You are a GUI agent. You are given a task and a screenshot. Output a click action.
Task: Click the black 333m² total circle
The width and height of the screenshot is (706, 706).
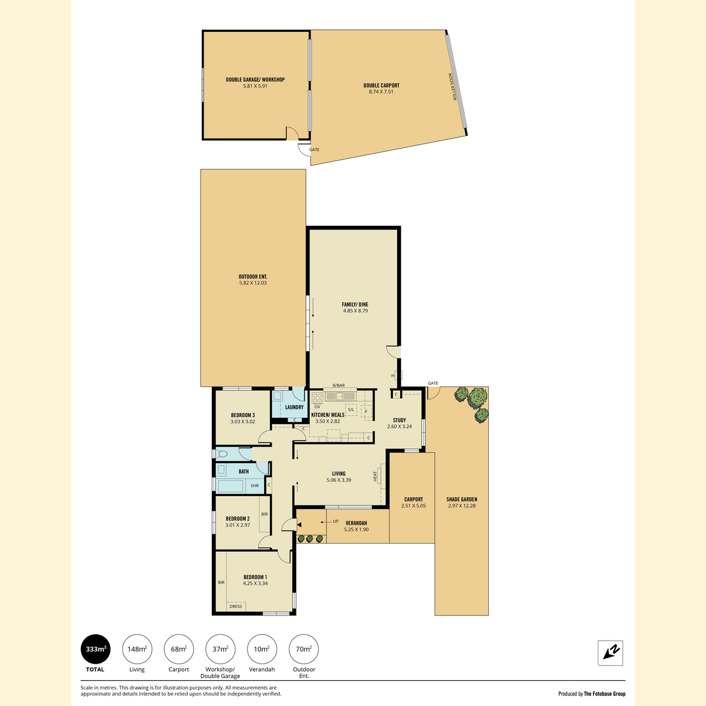(95, 649)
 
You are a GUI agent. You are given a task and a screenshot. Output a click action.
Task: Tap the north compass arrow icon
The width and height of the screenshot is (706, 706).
(610, 652)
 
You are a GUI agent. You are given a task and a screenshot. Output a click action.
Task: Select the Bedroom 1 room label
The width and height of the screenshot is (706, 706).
(255, 577)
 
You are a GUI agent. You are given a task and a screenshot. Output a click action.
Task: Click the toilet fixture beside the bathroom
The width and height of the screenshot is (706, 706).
(221, 454)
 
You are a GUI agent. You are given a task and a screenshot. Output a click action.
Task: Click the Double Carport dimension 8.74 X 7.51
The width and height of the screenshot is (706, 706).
(381, 92)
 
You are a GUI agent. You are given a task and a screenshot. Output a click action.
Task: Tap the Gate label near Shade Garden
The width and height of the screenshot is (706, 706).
(432, 383)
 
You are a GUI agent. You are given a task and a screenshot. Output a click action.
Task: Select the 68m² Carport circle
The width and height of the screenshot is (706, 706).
(178, 649)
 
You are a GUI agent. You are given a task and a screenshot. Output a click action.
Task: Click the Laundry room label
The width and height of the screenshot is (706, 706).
(294, 407)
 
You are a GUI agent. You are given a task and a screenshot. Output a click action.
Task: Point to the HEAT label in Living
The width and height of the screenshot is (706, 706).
(375, 477)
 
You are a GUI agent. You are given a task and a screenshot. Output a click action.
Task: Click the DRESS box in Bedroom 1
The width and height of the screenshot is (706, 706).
(235, 607)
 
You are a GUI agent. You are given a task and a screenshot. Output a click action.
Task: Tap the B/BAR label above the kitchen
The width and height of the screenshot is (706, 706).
(338, 385)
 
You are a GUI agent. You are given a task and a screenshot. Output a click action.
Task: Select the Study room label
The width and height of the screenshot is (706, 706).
(399, 420)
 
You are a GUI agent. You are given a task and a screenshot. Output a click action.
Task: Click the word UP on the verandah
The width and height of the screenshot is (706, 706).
(335, 521)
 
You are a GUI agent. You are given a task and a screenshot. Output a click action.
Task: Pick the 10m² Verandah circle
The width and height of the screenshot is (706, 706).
(262, 649)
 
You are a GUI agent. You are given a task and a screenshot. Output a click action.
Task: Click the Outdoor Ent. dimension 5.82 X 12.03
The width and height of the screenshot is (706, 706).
(253, 283)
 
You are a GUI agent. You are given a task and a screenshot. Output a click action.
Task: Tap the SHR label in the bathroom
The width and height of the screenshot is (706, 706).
(255, 486)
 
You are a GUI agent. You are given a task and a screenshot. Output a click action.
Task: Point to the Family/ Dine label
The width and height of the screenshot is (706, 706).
(355, 304)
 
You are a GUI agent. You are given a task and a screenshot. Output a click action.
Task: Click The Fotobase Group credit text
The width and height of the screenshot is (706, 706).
(605, 694)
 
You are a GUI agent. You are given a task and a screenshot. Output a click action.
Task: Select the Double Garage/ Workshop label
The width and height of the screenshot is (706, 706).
(255, 79)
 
